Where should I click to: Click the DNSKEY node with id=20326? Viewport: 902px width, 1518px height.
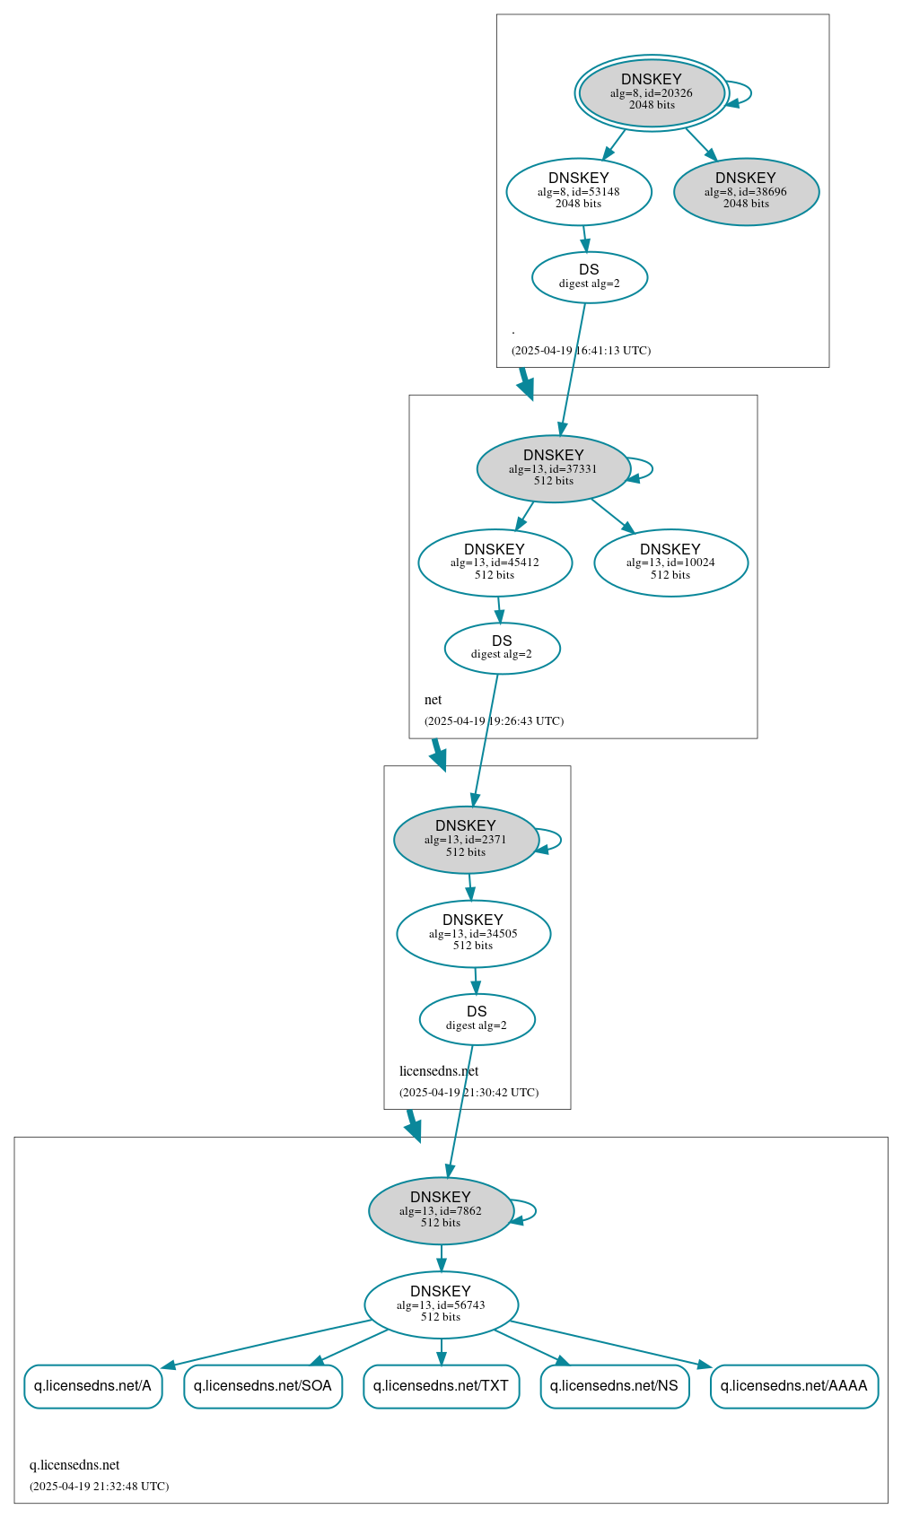[x=652, y=92]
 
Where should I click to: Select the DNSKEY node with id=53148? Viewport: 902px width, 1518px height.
[x=579, y=191]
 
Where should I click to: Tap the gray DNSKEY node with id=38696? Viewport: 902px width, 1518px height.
[x=746, y=192]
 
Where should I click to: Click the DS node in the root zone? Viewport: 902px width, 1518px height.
[x=590, y=277]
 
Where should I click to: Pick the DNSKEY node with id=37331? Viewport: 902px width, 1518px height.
[x=554, y=468]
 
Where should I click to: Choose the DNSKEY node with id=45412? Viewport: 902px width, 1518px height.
[x=495, y=563]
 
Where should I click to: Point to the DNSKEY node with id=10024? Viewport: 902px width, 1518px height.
[x=670, y=563]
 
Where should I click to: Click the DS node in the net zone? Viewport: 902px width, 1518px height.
[x=502, y=648]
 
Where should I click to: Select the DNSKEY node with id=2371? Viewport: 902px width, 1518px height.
[x=466, y=840]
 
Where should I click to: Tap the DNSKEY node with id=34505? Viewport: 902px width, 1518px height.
[x=473, y=933]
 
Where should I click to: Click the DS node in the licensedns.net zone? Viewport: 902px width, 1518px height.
[x=477, y=1019]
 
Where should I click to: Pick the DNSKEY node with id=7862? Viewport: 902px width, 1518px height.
[x=441, y=1210]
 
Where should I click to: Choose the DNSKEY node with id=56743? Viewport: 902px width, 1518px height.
[x=441, y=1304]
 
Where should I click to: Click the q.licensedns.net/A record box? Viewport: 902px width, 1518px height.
[x=92, y=1386]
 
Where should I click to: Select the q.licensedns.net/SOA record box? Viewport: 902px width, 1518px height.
[x=263, y=1386]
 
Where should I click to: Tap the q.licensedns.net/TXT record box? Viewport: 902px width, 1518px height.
[x=441, y=1386]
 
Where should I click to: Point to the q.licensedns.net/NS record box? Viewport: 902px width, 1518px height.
[x=614, y=1386]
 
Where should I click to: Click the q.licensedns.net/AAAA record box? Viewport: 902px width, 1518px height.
[x=793, y=1386]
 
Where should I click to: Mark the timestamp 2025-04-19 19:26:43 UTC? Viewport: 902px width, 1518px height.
[x=494, y=721]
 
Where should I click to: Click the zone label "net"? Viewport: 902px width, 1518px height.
[x=433, y=700]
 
